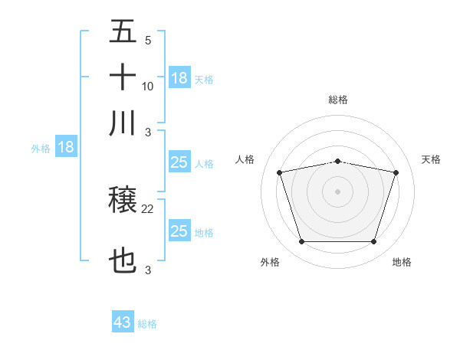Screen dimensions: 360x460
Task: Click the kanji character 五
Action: (123, 33)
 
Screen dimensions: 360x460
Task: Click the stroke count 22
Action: (148, 208)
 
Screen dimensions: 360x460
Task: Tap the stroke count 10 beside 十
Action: (148, 86)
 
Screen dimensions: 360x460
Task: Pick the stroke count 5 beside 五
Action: (148, 41)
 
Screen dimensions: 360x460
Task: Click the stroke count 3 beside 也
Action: (148, 270)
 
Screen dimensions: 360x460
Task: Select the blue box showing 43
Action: (123, 322)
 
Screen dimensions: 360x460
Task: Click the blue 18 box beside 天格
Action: (179, 78)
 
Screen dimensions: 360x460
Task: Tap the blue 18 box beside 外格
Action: (66, 148)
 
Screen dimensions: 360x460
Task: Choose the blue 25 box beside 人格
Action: (179, 162)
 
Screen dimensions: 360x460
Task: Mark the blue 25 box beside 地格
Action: (179, 231)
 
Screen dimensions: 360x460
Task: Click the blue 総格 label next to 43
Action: (147, 324)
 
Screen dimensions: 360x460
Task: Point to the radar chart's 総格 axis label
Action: (337, 100)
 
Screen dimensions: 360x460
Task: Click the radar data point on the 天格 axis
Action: (396, 172)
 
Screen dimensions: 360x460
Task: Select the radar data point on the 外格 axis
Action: (301, 242)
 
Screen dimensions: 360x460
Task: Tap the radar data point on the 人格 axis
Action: (279, 172)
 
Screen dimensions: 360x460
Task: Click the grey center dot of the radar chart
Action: (337, 191)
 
